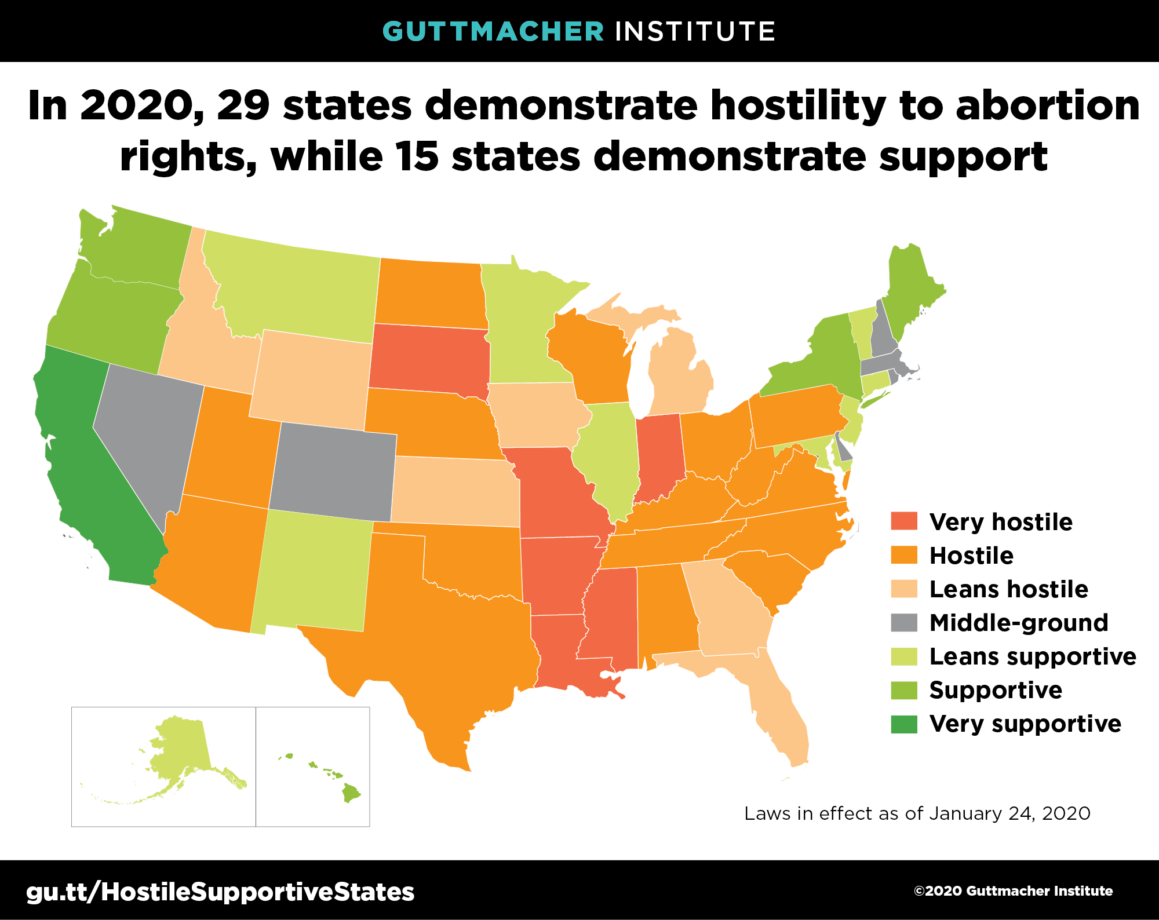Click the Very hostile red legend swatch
(904, 521)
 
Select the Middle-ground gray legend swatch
(904, 622)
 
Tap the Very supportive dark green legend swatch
(904, 724)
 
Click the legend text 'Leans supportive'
(1032, 656)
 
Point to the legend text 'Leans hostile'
(1008, 589)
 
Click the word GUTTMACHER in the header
(493, 31)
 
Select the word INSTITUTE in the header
(695, 31)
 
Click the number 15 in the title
(416, 156)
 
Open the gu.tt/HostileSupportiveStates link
(220, 892)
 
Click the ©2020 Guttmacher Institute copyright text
(1013, 891)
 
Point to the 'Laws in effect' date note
(917, 813)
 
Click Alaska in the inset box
(180, 747)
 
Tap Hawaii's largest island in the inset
(351, 793)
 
